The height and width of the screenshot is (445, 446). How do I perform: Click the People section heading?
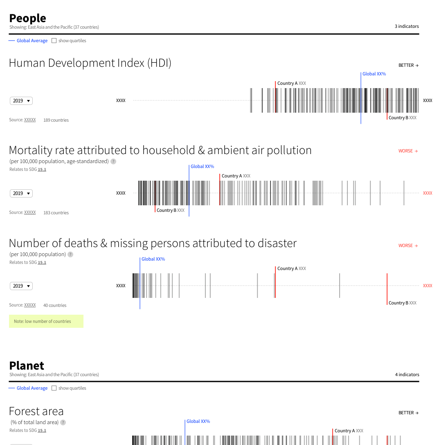(27, 18)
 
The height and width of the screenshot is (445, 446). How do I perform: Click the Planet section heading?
(27, 366)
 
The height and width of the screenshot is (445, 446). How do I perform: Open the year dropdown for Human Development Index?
(21, 101)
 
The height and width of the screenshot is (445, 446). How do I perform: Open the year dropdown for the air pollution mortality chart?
(21, 193)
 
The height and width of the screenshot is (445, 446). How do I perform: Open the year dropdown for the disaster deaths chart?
(21, 286)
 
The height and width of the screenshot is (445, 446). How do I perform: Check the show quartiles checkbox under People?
(54, 41)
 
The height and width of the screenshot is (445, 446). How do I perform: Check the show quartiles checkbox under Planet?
(54, 388)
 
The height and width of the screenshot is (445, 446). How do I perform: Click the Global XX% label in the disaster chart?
(153, 259)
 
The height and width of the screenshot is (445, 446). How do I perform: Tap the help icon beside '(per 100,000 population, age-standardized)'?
(113, 161)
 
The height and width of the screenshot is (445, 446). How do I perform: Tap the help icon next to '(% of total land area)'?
(63, 422)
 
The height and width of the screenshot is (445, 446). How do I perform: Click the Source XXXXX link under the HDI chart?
(30, 120)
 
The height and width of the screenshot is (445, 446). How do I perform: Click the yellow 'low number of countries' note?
(46, 321)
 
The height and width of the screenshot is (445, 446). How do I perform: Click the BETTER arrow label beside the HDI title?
(408, 65)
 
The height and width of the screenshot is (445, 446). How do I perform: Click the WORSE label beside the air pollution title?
(408, 151)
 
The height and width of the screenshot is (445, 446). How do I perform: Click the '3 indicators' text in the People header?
(407, 26)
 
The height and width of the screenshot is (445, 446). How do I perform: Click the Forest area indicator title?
(36, 411)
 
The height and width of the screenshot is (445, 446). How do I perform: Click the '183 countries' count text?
(56, 213)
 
